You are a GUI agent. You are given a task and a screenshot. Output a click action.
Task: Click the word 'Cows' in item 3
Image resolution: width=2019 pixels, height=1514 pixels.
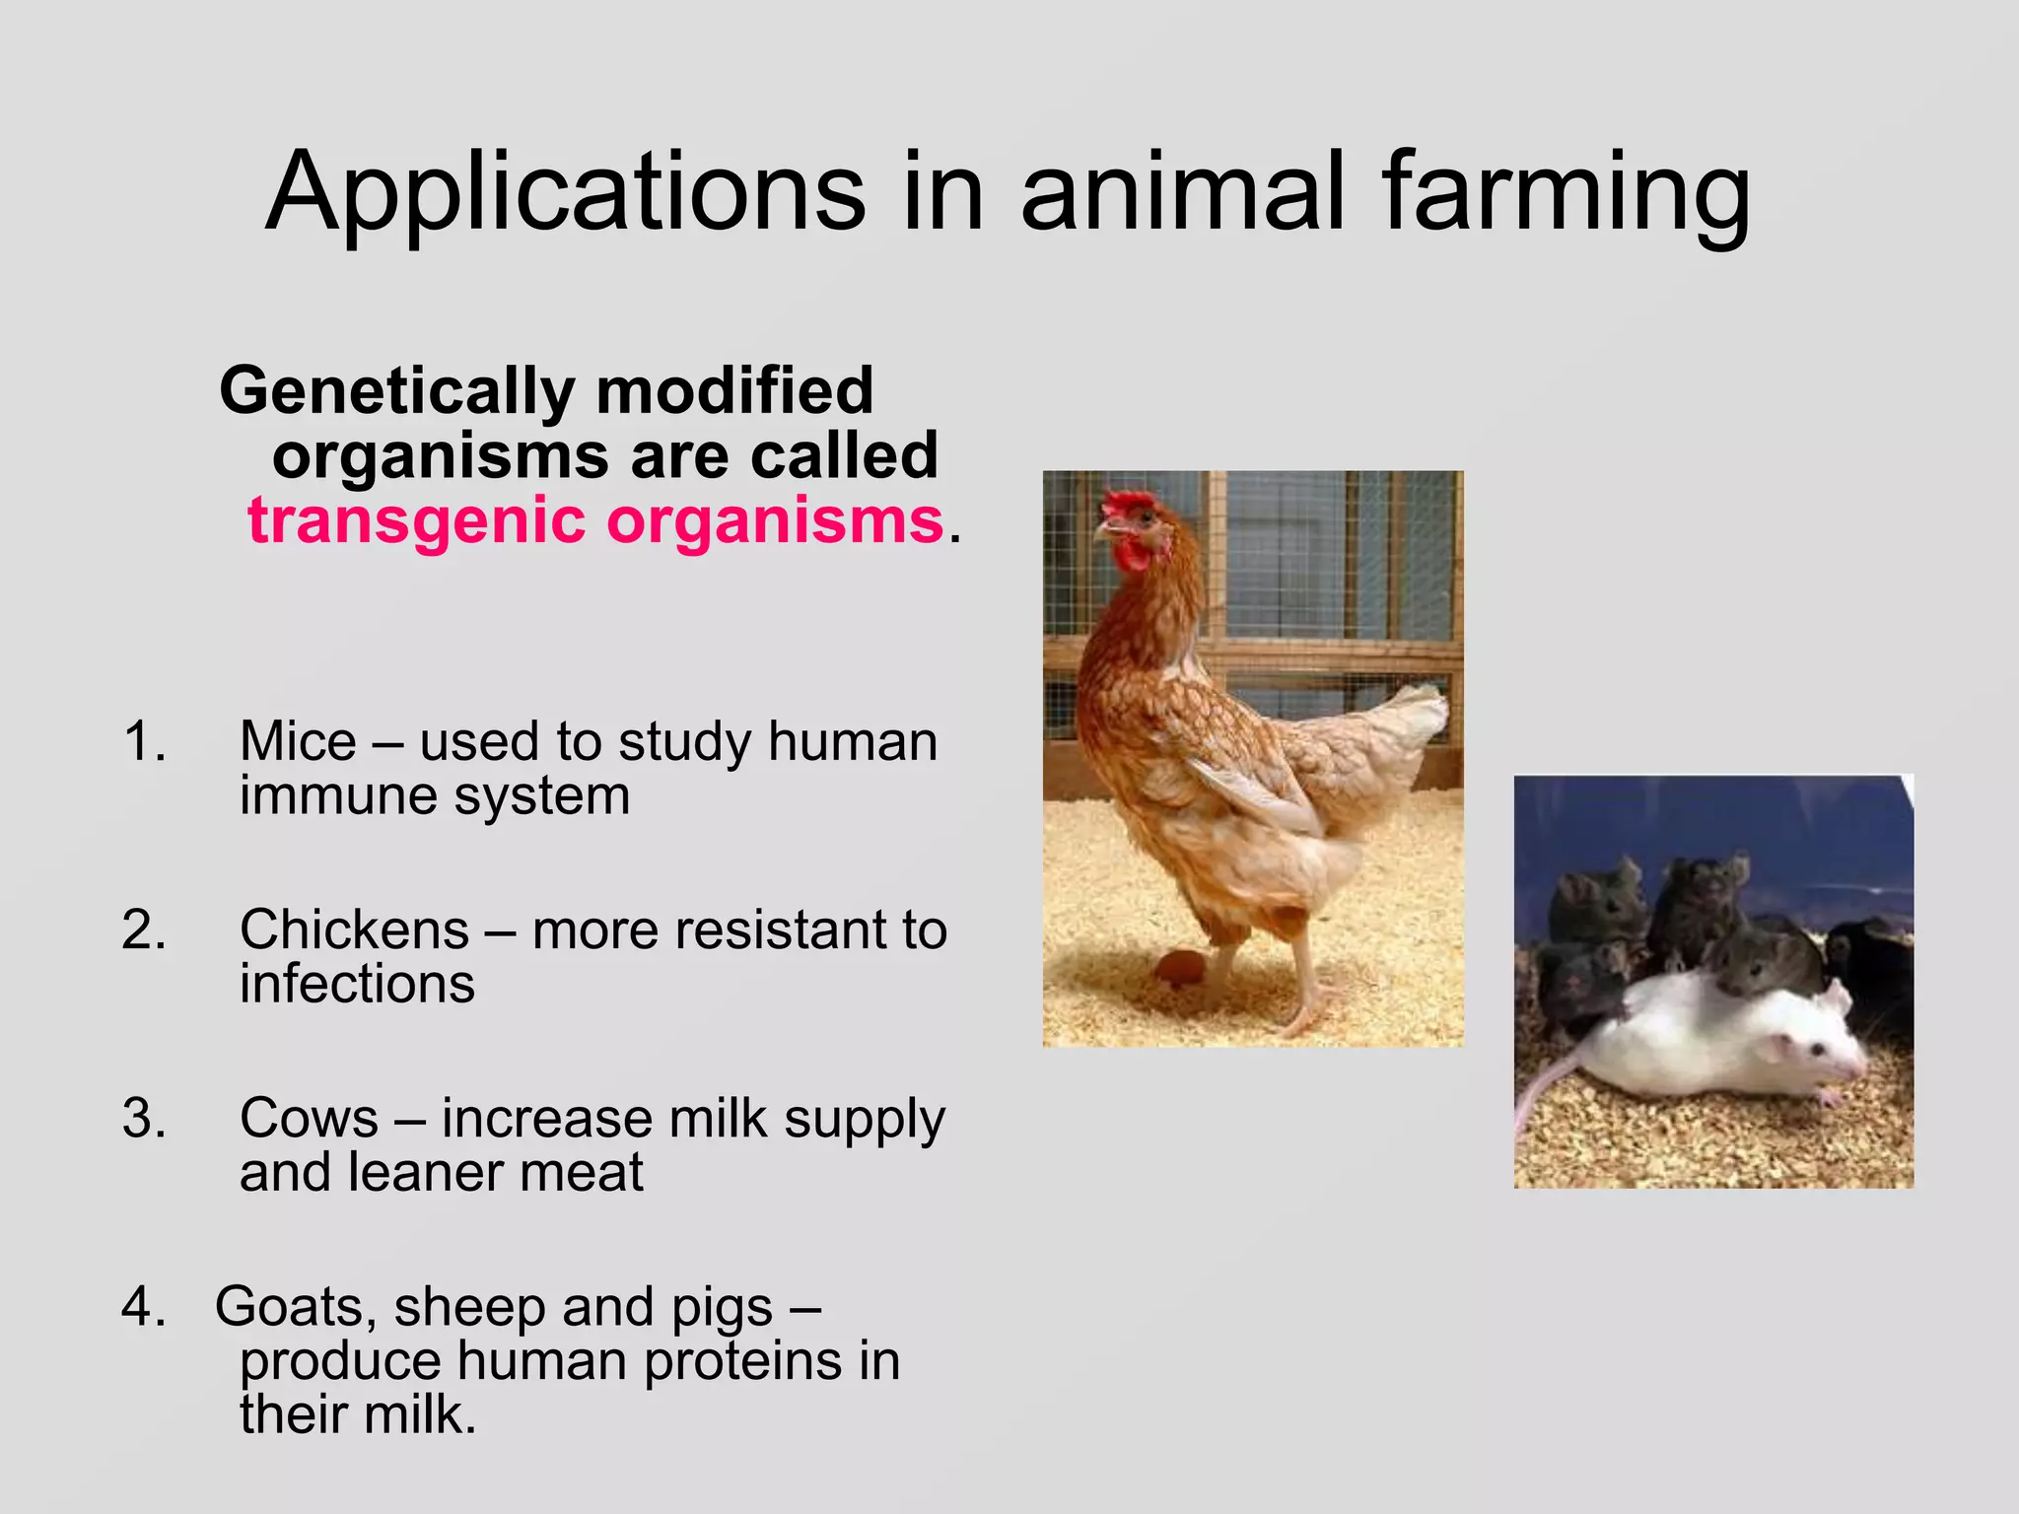point(309,1118)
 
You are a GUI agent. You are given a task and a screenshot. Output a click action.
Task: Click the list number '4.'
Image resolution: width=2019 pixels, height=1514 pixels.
point(144,1307)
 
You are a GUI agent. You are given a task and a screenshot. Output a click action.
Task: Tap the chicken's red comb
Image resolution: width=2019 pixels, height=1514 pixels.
point(1127,504)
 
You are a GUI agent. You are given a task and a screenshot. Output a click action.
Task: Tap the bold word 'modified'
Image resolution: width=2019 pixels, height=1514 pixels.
point(734,391)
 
